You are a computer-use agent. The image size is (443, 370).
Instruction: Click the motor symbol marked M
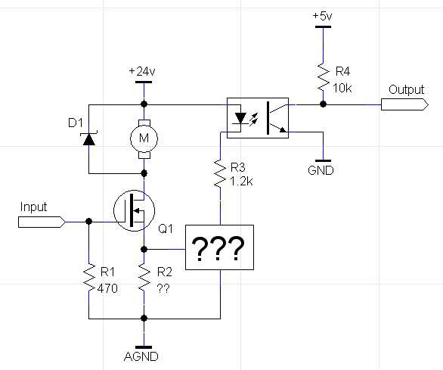point(144,138)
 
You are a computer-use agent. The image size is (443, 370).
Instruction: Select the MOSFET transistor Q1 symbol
point(135,210)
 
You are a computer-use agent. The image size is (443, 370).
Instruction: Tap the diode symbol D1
point(88,139)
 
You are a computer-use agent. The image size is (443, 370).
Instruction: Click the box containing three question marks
point(219,247)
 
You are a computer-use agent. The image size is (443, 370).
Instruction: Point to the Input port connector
point(42,222)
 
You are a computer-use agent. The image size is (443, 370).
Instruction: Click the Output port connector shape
point(404,104)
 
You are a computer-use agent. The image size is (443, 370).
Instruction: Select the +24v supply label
point(142,72)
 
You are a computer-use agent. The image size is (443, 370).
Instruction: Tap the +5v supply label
point(322,16)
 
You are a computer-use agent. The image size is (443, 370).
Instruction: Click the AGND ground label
point(141,356)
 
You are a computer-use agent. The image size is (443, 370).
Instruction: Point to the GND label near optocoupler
point(321,170)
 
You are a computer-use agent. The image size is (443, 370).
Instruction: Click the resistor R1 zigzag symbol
point(88,277)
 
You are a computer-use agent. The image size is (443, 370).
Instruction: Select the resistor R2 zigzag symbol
point(144,277)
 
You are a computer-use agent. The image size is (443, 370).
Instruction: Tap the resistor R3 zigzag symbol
point(220,173)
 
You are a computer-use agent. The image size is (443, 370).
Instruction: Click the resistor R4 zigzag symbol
point(324,77)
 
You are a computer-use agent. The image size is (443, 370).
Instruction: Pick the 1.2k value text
point(242,182)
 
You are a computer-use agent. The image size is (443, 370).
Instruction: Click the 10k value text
point(342,89)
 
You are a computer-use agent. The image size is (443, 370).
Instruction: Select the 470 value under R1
point(107,288)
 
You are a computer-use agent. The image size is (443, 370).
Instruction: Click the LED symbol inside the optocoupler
point(240,118)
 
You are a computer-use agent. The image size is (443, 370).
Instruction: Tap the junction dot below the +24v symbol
point(144,104)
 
